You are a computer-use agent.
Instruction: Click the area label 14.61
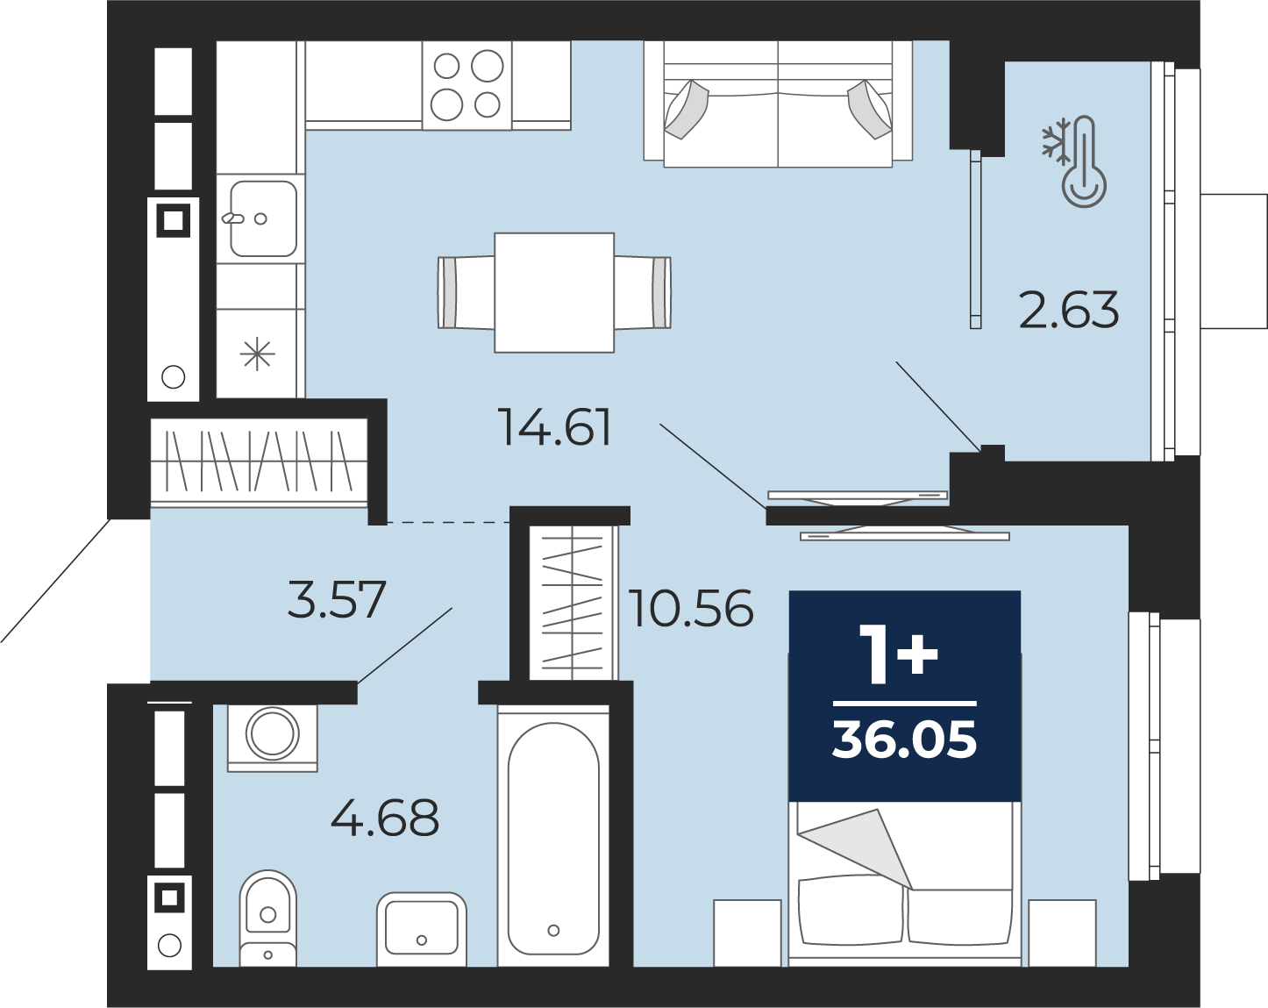(x=554, y=426)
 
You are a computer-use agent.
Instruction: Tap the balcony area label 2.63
(x=1068, y=310)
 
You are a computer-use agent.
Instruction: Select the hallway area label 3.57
(x=337, y=599)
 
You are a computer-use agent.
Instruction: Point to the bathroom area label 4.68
(x=385, y=818)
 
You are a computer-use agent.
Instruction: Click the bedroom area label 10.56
(x=691, y=608)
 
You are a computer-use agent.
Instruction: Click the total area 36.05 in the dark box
(x=904, y=740)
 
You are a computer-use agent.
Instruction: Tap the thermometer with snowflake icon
(x=1073, y=161)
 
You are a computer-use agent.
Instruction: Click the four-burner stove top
(x=467, y=85)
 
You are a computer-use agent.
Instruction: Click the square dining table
(x=554, y=292)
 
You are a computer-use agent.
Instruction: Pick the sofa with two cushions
(x=778, y=104)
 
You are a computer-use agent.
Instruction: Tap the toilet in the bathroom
(x=267, y=917)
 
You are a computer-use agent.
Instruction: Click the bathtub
(x=553, y=835)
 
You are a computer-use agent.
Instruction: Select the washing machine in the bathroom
(x=272, y=738)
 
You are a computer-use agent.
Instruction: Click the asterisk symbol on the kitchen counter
(x=258, y=355)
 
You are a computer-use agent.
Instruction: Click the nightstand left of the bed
(x=747, y=933)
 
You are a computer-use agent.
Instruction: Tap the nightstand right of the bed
(x=1062, y=933)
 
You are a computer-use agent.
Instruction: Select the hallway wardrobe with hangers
(x=259, y=461)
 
